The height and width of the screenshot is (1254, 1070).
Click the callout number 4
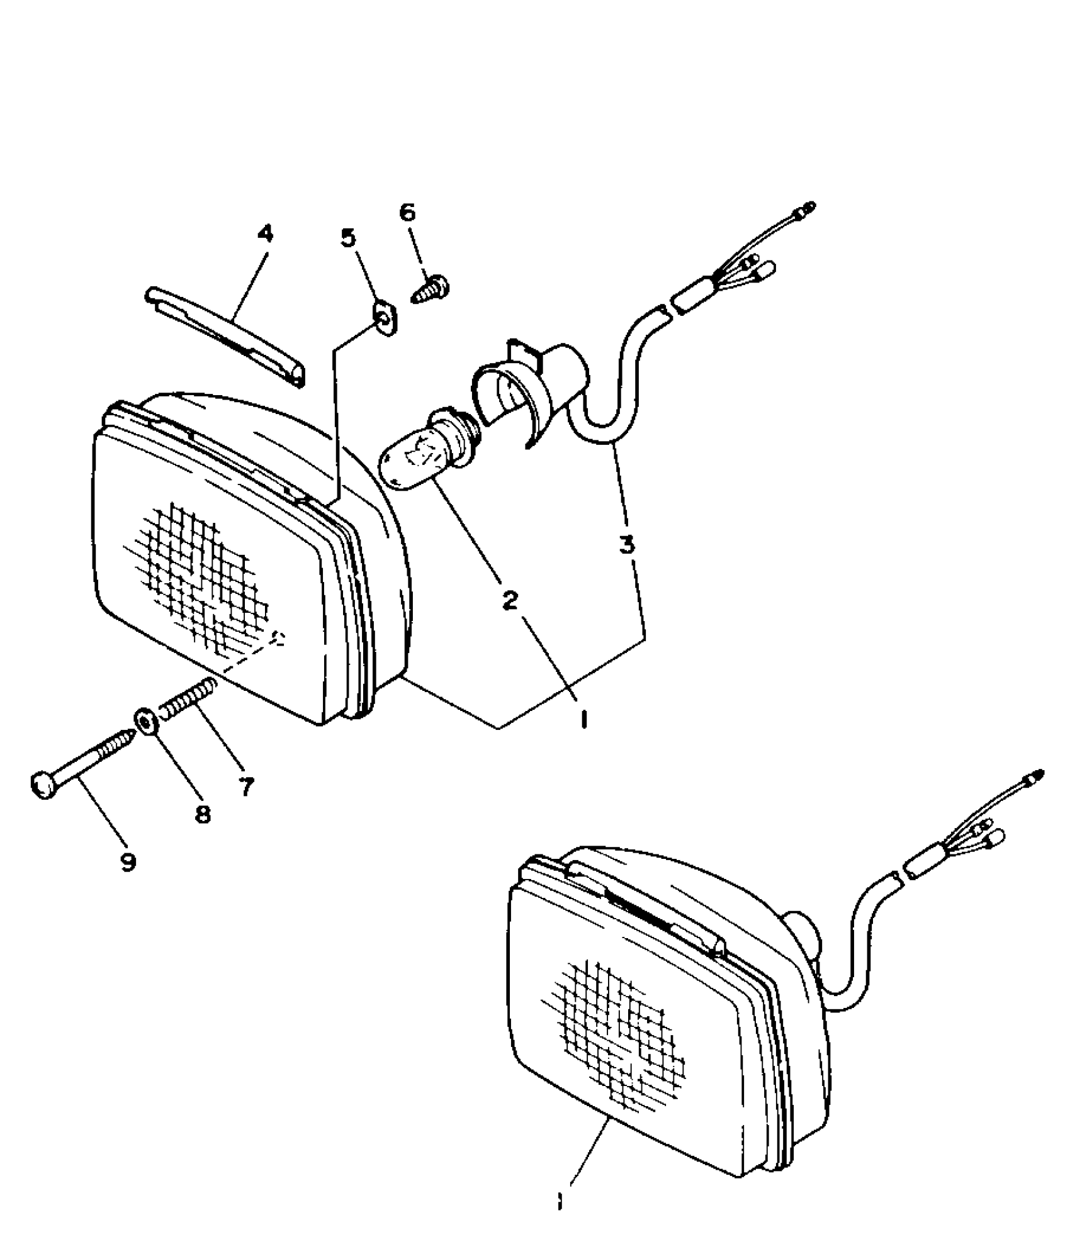[x=266, y=234]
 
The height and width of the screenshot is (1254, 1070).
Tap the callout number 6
[x=408, y=213]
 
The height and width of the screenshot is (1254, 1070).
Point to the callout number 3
[x=626, y=544]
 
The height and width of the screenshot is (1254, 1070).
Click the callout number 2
[x=510, y=600]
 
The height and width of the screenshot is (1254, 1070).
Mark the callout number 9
[x=128, y=861]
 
